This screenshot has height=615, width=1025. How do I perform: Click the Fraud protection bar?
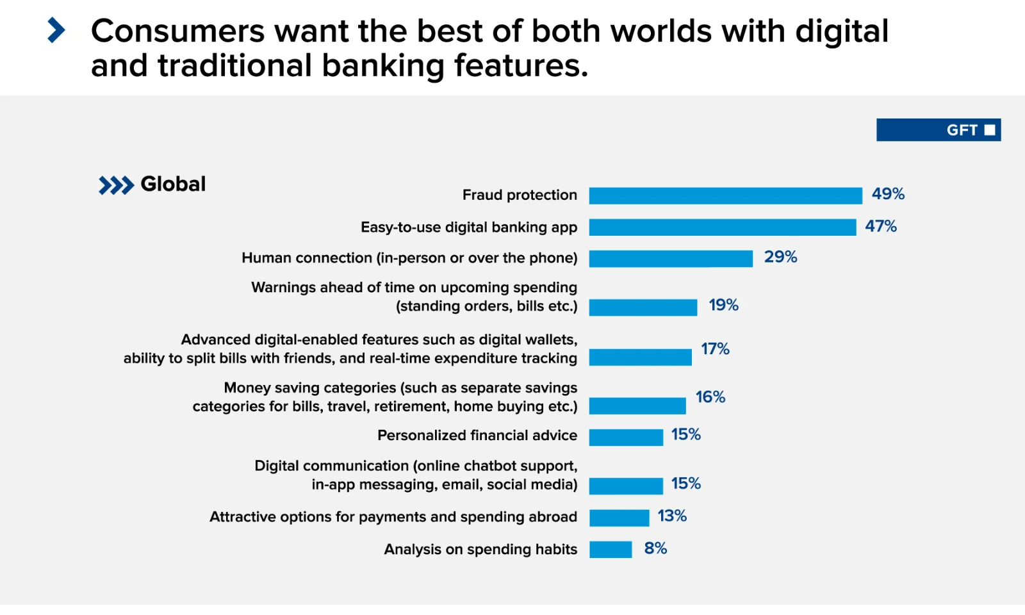725,195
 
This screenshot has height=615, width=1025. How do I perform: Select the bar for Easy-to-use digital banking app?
722,227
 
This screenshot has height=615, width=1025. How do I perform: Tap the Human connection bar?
671,258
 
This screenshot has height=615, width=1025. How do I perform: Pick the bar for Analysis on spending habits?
611,550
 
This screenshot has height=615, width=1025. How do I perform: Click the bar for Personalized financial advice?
626,437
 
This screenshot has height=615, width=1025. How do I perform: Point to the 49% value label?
888,194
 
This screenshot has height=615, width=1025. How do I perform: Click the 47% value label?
881,226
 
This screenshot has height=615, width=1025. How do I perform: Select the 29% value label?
780,257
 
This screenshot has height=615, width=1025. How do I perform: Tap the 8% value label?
655,548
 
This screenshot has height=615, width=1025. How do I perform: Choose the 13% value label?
672,516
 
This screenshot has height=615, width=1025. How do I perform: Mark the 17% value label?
715,348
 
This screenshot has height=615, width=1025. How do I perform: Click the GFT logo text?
962,130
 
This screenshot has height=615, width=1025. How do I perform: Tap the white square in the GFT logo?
990,130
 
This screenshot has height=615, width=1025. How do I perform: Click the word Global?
173,184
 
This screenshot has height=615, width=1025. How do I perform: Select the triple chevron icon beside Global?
116,185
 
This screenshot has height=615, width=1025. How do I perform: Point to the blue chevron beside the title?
56,30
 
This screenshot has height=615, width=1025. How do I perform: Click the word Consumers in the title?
177,31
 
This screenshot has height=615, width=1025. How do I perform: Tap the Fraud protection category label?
520,195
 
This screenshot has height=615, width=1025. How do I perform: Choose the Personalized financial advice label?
477,436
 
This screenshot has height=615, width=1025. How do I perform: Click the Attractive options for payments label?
393,517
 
